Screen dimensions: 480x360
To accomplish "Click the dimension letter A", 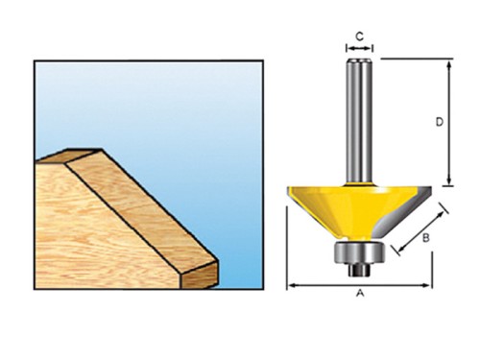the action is pyautogui.click(x=360, y=293).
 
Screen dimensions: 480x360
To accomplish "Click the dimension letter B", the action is pyautogui.click(x=425, y=238).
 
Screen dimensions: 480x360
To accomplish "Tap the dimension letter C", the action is pyautogui.click(x=360, y=36).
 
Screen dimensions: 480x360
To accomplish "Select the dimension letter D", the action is pyautogui.click(x=440, y=122).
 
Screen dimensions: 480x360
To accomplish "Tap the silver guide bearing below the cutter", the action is pyautogui.click(x=360, y=252).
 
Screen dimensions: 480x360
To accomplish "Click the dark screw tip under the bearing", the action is pyautogui.click(x=360, y=270).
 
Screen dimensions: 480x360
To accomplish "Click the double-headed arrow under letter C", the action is pyautogui.click(x=360, y=49).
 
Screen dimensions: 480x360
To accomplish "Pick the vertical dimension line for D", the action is pyautogui.click(x=449, y=122).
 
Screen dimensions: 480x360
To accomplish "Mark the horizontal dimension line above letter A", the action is pyautogui.click(x=359, y=285).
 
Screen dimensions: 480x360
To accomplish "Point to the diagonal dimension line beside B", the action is pyautogui.click(x=422, y=229).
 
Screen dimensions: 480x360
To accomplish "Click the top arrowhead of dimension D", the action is pyautogui.click(x=449, y=63).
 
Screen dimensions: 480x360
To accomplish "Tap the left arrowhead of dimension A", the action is pyautogui.click(x=291, y=285).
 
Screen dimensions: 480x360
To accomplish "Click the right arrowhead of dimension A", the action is pyautogui.click(x=427, y=285).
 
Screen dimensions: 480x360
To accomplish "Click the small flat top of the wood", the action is pyautogui.click(x=69, y=156).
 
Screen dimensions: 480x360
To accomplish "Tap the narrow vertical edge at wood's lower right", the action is pyautogui.click(x=199, y=275).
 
